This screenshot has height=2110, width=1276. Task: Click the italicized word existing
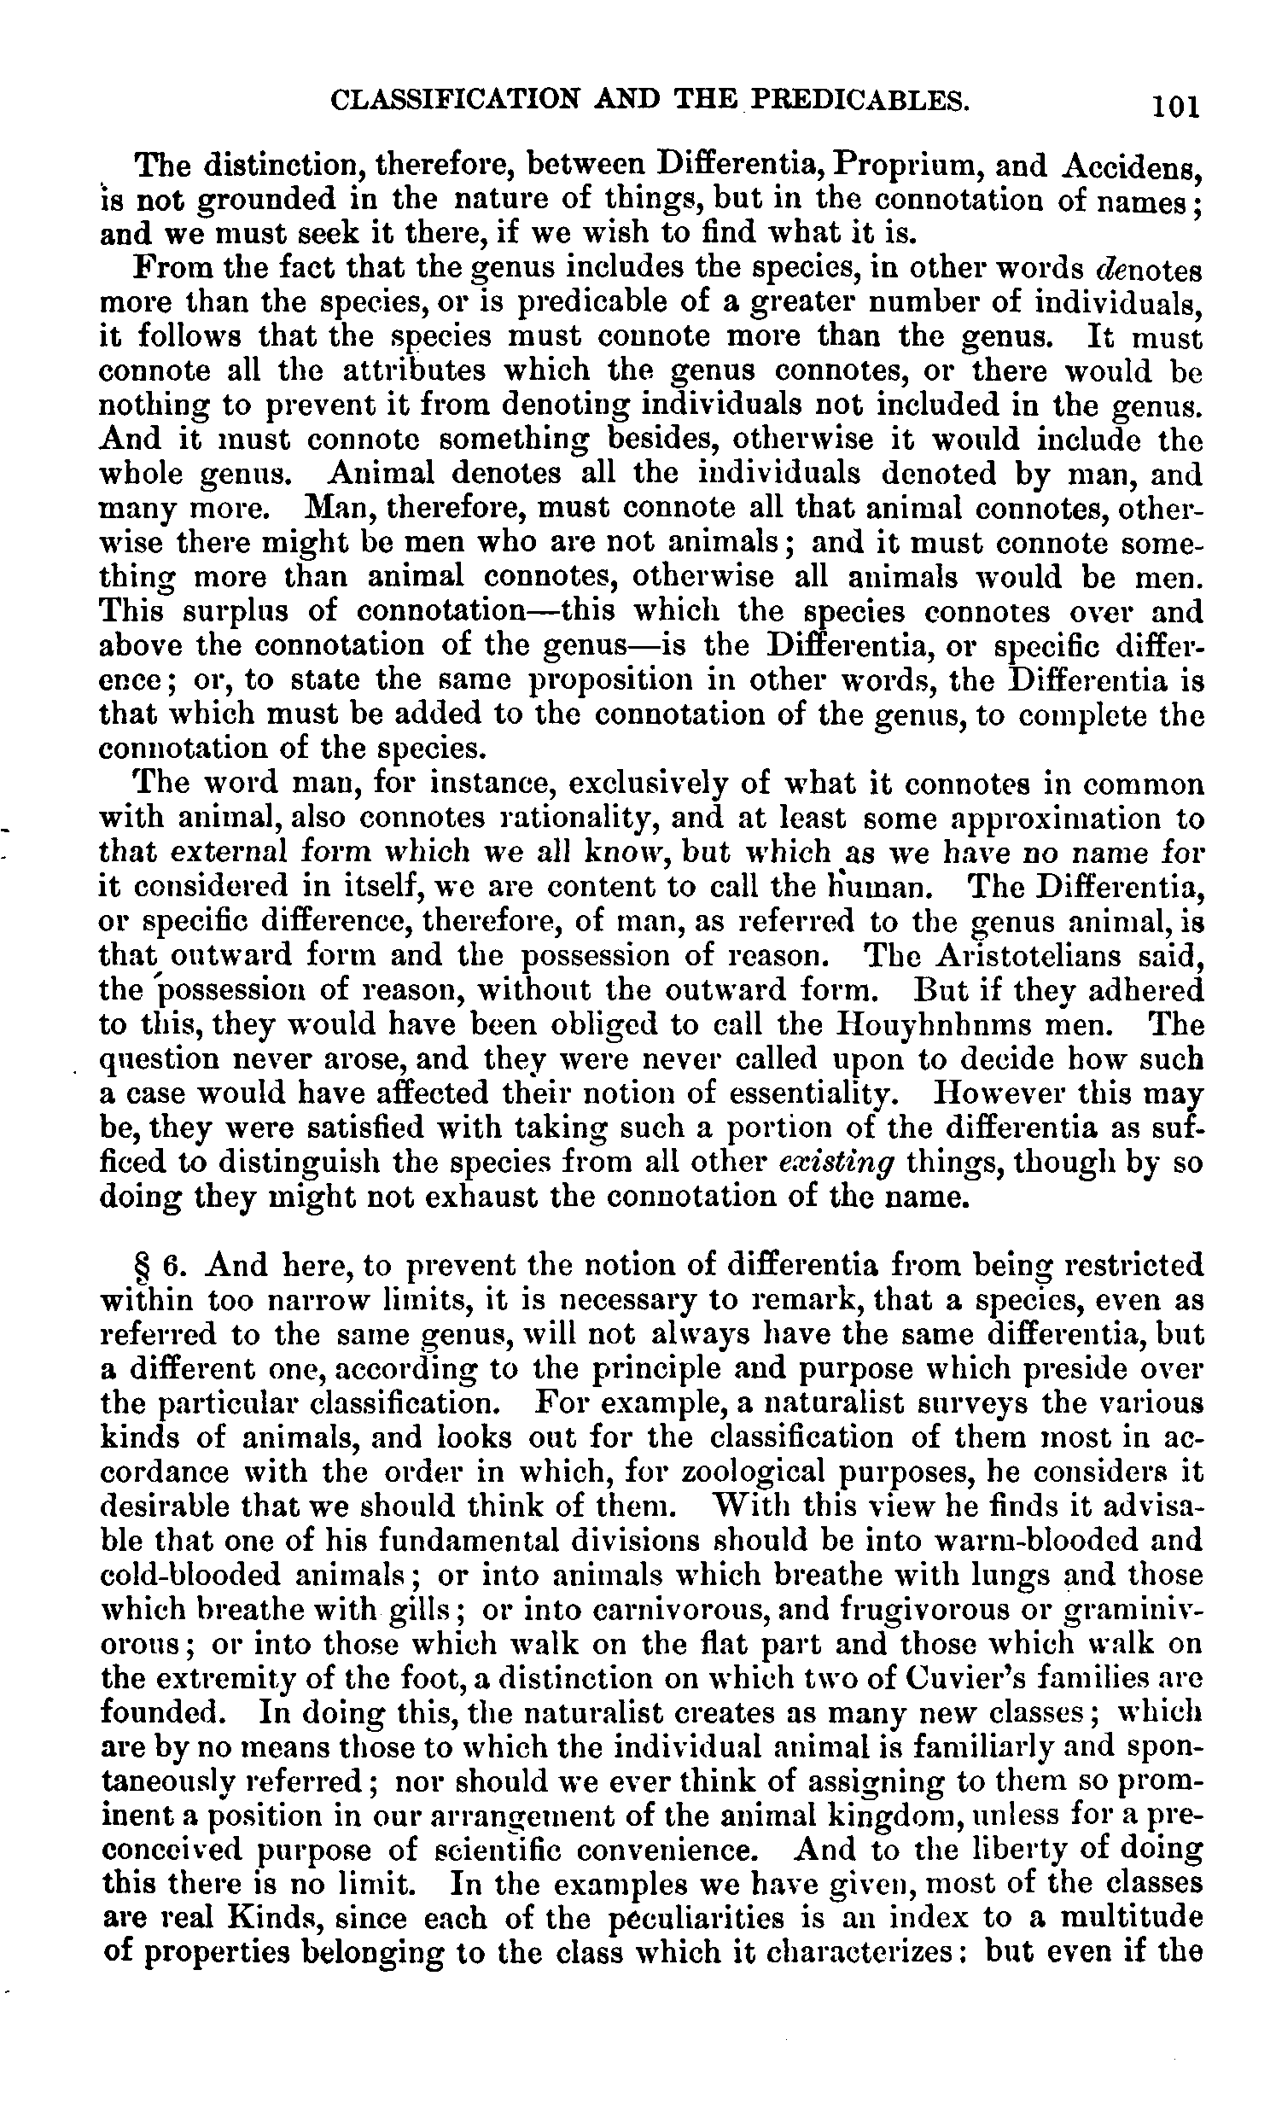[x=837, y=1163]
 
